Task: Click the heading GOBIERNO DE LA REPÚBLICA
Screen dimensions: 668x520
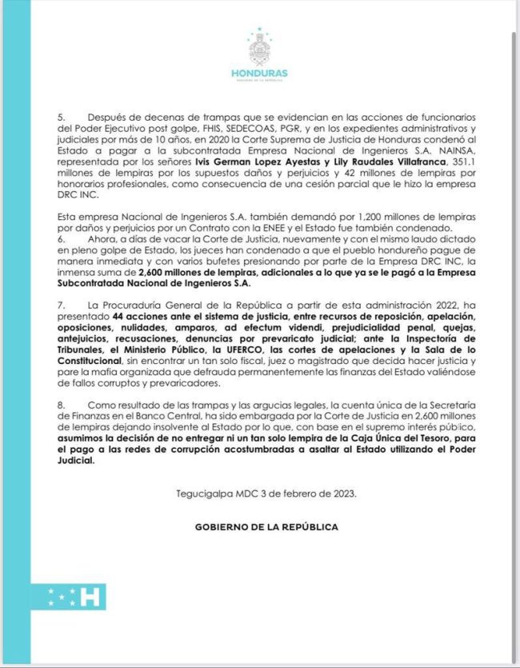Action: tap(266, 527)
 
